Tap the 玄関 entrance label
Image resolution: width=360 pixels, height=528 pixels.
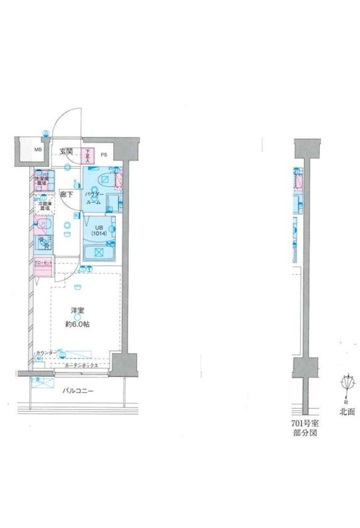point(66,152)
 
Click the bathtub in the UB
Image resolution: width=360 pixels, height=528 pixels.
point(98,252)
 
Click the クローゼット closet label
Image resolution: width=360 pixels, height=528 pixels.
point(42,263)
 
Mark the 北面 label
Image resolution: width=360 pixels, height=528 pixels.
point(347,411)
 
